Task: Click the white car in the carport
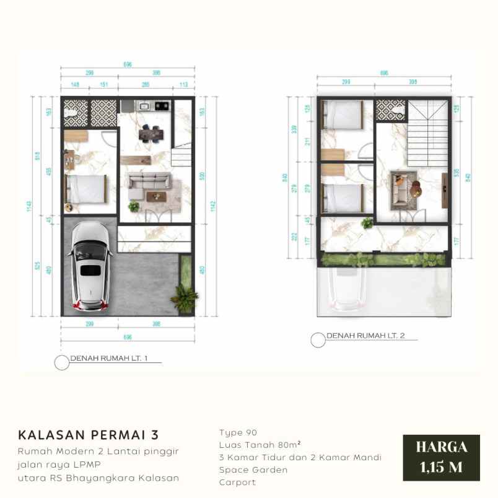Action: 90,266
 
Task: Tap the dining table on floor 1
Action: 152,133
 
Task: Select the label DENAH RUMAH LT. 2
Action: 365,336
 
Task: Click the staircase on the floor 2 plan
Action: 427,133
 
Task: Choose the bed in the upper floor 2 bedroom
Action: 343,115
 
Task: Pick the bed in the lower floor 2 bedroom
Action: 343,198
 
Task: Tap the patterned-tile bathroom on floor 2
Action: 390,110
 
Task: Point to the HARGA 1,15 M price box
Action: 441,456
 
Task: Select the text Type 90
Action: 238,432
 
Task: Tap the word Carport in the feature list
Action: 237,482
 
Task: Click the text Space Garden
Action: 253,470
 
